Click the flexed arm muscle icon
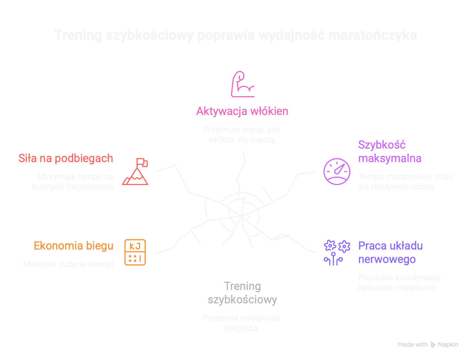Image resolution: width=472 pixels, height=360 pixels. point(242,84)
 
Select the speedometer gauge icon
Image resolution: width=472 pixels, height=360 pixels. point(337,171)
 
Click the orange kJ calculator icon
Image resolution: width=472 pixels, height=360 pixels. point(135,252)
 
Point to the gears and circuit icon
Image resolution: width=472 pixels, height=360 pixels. point(337,252)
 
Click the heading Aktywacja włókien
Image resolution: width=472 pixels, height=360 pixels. point(242,111)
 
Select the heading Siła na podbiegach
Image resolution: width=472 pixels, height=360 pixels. point(66,158)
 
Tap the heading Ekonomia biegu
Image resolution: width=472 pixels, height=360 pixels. point(74,246)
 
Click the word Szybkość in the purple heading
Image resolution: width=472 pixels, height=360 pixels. point(382,145)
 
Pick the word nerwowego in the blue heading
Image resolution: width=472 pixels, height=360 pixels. point(387,259)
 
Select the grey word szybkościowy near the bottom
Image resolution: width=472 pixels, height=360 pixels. point(242,300)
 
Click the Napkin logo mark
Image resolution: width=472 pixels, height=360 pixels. point(433,345)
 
